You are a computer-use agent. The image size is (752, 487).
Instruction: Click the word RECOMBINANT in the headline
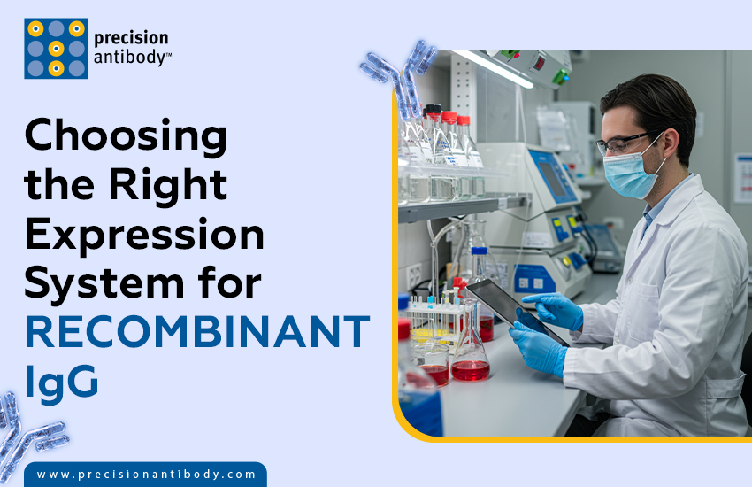[x=196, y=331]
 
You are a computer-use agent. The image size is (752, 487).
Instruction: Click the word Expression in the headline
[x=143, y=235]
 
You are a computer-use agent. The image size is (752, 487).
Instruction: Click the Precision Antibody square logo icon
[x=56, y=48]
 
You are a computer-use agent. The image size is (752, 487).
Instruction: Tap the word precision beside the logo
[x=132, y=38]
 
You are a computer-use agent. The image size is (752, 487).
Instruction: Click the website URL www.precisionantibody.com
[x=146, y=475]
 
